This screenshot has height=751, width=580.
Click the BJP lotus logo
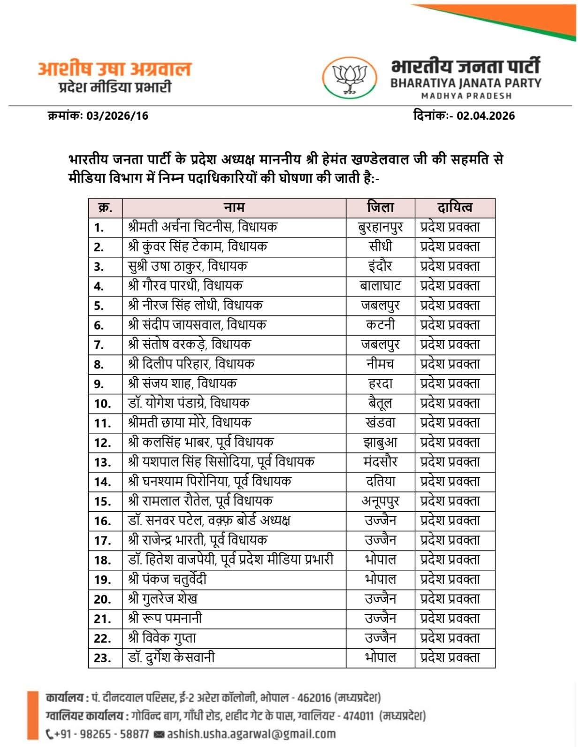click(x=349, y=78)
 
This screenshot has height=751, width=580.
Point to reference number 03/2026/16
click(x=117, y=116)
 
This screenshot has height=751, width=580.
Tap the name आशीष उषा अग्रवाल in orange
click(x=114, y=69)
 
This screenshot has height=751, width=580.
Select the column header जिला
click(x=380, y=207)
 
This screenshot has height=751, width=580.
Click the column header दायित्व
click(x=455, y=207)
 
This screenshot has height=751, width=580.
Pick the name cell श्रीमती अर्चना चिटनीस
click(x=203, y=227)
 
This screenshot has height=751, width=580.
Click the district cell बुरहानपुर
click(x=380, y=227)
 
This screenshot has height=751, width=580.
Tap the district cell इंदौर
click(x=380, y=266)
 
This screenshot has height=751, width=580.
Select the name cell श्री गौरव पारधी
click(x=185, y=286)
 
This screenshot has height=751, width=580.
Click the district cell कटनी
click(x=380, y=325)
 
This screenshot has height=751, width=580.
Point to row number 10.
click(x=102, y=404)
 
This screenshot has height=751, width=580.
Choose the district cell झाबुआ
click(x=380, y=443)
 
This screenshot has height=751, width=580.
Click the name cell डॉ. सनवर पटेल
click(x=209, y=521)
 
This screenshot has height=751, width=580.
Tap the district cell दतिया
click(x=380, y=482)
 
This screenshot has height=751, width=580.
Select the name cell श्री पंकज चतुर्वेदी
click(x=167, y=579)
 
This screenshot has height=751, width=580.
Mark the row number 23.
click(x=102, y=658)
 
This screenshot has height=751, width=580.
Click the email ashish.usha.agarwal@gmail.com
click(x=251, y=734)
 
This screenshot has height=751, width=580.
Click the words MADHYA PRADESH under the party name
click(x=466, y=96)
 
